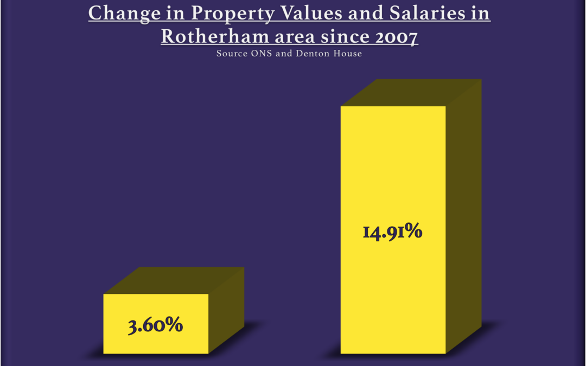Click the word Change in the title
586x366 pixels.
(x=118, y=14)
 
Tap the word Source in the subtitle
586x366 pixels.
(x=230, y=54)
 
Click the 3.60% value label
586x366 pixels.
(x=156, y=326)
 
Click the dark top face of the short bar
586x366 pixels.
(x=174, y=280)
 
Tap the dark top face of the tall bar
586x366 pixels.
(x=411, y=93)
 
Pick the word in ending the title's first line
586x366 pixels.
(x=480, y=14)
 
